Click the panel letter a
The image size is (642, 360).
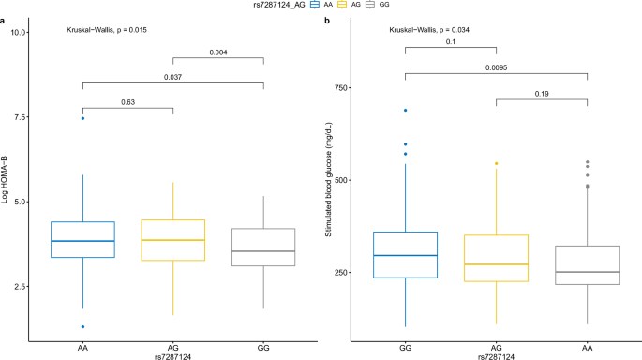coord(5,20)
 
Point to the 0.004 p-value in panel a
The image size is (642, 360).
coord(218,52)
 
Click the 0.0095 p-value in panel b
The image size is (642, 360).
coord(496,67)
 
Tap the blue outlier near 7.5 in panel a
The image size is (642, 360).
coord(82,118)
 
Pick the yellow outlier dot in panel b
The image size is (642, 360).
coord(496,163)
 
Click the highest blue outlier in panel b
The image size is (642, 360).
coord(405,111)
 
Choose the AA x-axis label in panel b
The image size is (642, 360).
coord(586,346)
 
